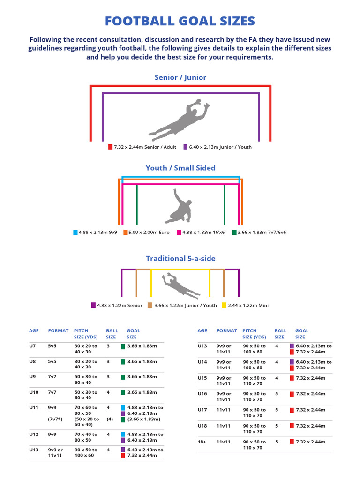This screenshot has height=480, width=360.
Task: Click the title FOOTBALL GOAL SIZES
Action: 180,21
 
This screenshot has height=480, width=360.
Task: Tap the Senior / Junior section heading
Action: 180,77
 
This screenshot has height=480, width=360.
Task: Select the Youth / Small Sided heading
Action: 180,168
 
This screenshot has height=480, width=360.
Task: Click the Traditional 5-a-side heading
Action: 180,259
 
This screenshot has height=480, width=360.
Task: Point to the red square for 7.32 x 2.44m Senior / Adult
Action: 111,147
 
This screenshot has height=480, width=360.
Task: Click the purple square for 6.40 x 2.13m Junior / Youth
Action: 185,147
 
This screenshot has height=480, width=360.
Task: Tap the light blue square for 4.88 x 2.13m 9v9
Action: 75,232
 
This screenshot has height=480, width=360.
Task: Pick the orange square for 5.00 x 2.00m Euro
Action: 125,232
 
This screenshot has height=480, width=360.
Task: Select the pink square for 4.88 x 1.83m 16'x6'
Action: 179,232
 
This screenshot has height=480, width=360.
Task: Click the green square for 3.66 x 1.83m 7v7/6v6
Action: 234,232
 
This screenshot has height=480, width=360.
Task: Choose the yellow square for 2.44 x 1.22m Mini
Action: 224,305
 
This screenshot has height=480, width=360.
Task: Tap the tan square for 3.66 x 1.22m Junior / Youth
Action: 150,305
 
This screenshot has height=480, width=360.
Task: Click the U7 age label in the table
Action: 32,346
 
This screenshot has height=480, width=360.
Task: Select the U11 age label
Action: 34,407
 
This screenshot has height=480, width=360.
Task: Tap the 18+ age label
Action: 202,442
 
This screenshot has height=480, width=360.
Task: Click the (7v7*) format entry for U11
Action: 55,419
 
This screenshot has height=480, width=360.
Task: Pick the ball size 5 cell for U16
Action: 277,394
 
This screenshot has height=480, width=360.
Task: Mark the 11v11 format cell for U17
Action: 224,410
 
